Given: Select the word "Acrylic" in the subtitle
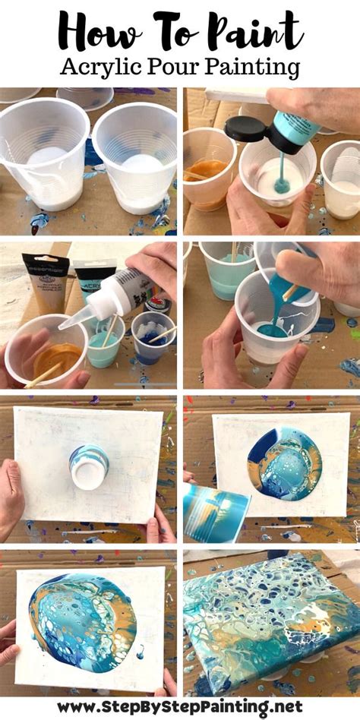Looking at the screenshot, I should point(105,68).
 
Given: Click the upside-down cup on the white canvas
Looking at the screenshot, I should point(89,465).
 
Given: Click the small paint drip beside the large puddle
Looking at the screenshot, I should point(141,652).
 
